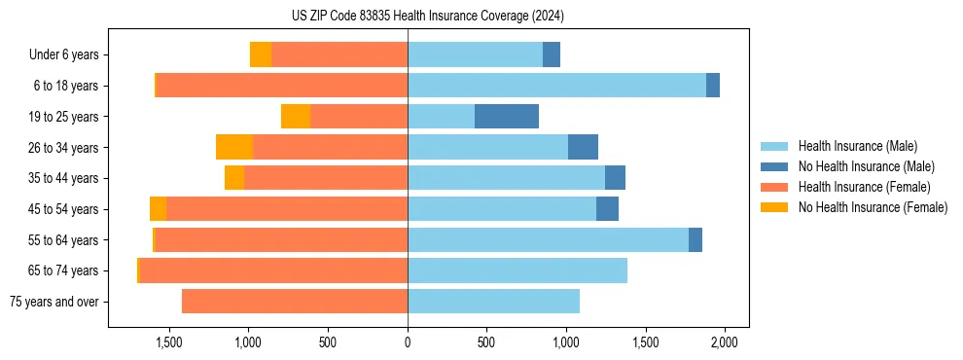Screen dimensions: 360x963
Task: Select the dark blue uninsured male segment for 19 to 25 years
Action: pyautogui.click(x=507, y=117)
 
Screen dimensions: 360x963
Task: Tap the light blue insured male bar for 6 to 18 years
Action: pyautogui.click(x=556, y=86)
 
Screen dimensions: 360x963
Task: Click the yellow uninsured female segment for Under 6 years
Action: pyautogui.click(x=261, y=54)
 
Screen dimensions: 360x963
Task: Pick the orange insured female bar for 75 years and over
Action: pyautogui.click(x=295, y=302)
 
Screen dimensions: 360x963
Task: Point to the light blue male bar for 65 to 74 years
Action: pyautogui.click(x=517, y=270)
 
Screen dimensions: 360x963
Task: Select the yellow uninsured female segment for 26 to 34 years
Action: pyautogui.click(x=234, y=147)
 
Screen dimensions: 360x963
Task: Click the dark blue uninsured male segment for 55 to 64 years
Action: pyautogui.click(x=695, y=239)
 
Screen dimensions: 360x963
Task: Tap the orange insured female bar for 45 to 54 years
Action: pyautogui.click(x=287, y=209)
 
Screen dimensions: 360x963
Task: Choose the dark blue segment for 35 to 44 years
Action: pyautogui.click(x=615, y=178)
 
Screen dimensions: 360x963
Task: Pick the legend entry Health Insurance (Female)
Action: pyautogui.click(x=864, y=187)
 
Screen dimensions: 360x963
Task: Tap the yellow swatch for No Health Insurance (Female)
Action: pyautogui.click(x=775, y=207)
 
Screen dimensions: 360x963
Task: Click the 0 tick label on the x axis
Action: pyautogui.click(x=408, y=342)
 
